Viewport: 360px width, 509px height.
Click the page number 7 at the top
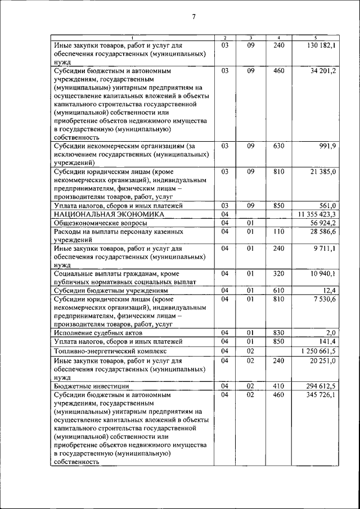point(193,16)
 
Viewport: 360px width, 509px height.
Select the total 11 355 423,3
point(313,214)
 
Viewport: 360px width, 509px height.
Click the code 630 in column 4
point(279,146)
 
